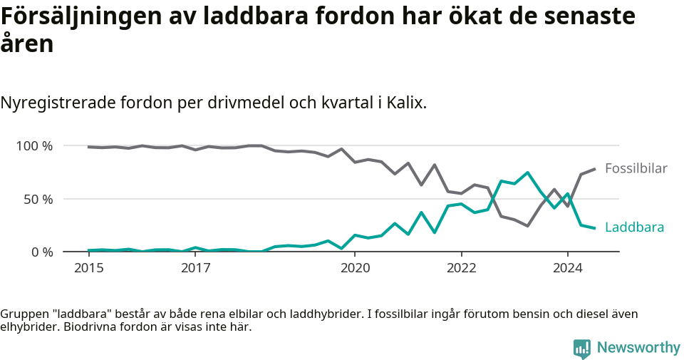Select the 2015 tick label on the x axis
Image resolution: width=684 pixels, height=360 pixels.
(x=88, y=268)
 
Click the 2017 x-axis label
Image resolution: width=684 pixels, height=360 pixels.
(x=195, y=268)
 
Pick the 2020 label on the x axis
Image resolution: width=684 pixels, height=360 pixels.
(x=355, y=268)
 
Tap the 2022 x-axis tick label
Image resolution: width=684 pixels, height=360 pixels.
(x=461, y=268)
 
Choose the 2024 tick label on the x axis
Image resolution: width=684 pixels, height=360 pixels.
(x=568, y=268)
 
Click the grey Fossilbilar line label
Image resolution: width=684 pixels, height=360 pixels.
(x=636, y=169)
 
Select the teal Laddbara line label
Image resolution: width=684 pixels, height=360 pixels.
(x=634, y=227)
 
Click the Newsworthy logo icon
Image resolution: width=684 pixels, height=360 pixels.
(x=581, y=348)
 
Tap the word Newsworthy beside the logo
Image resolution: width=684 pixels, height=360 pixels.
(x=638, y=348)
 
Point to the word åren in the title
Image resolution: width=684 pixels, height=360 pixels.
(x=26, y=44)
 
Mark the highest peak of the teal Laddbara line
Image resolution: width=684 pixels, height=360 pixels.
(x=527, y=173)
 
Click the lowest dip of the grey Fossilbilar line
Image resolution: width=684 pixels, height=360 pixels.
(x=527, y=226)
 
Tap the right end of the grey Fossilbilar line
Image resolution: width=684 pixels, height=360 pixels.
(x=594, y=169)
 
